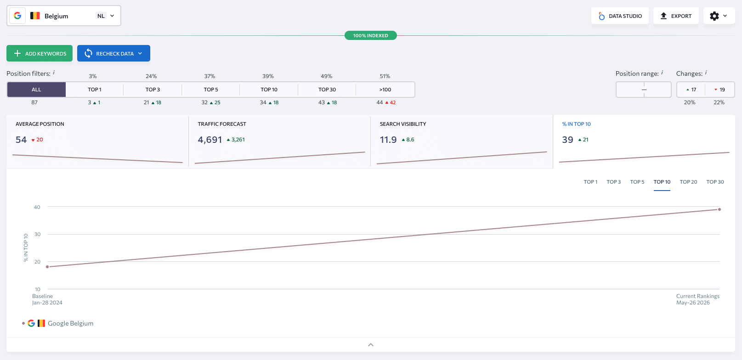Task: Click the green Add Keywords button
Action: [40, 53]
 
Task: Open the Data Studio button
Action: [620, 16]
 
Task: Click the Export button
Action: [676, 16]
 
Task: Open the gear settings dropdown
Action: [719, 16]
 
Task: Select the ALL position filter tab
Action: [36, 90]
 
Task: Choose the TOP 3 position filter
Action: [153, 90]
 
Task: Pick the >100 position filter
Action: [385, 90]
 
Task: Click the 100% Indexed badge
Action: [371, 35]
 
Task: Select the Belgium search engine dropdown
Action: [63, 16]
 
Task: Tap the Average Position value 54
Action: [21, 140]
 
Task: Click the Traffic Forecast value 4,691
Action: [210, 140]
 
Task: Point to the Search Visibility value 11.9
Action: [388, 140]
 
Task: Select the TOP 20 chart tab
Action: [688, 182]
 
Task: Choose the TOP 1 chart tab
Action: [590, 182]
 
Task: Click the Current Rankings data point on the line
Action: [719, 209]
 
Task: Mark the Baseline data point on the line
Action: [47, 267]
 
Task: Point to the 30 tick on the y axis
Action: [37, 234]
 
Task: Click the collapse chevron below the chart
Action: [371, 345]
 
